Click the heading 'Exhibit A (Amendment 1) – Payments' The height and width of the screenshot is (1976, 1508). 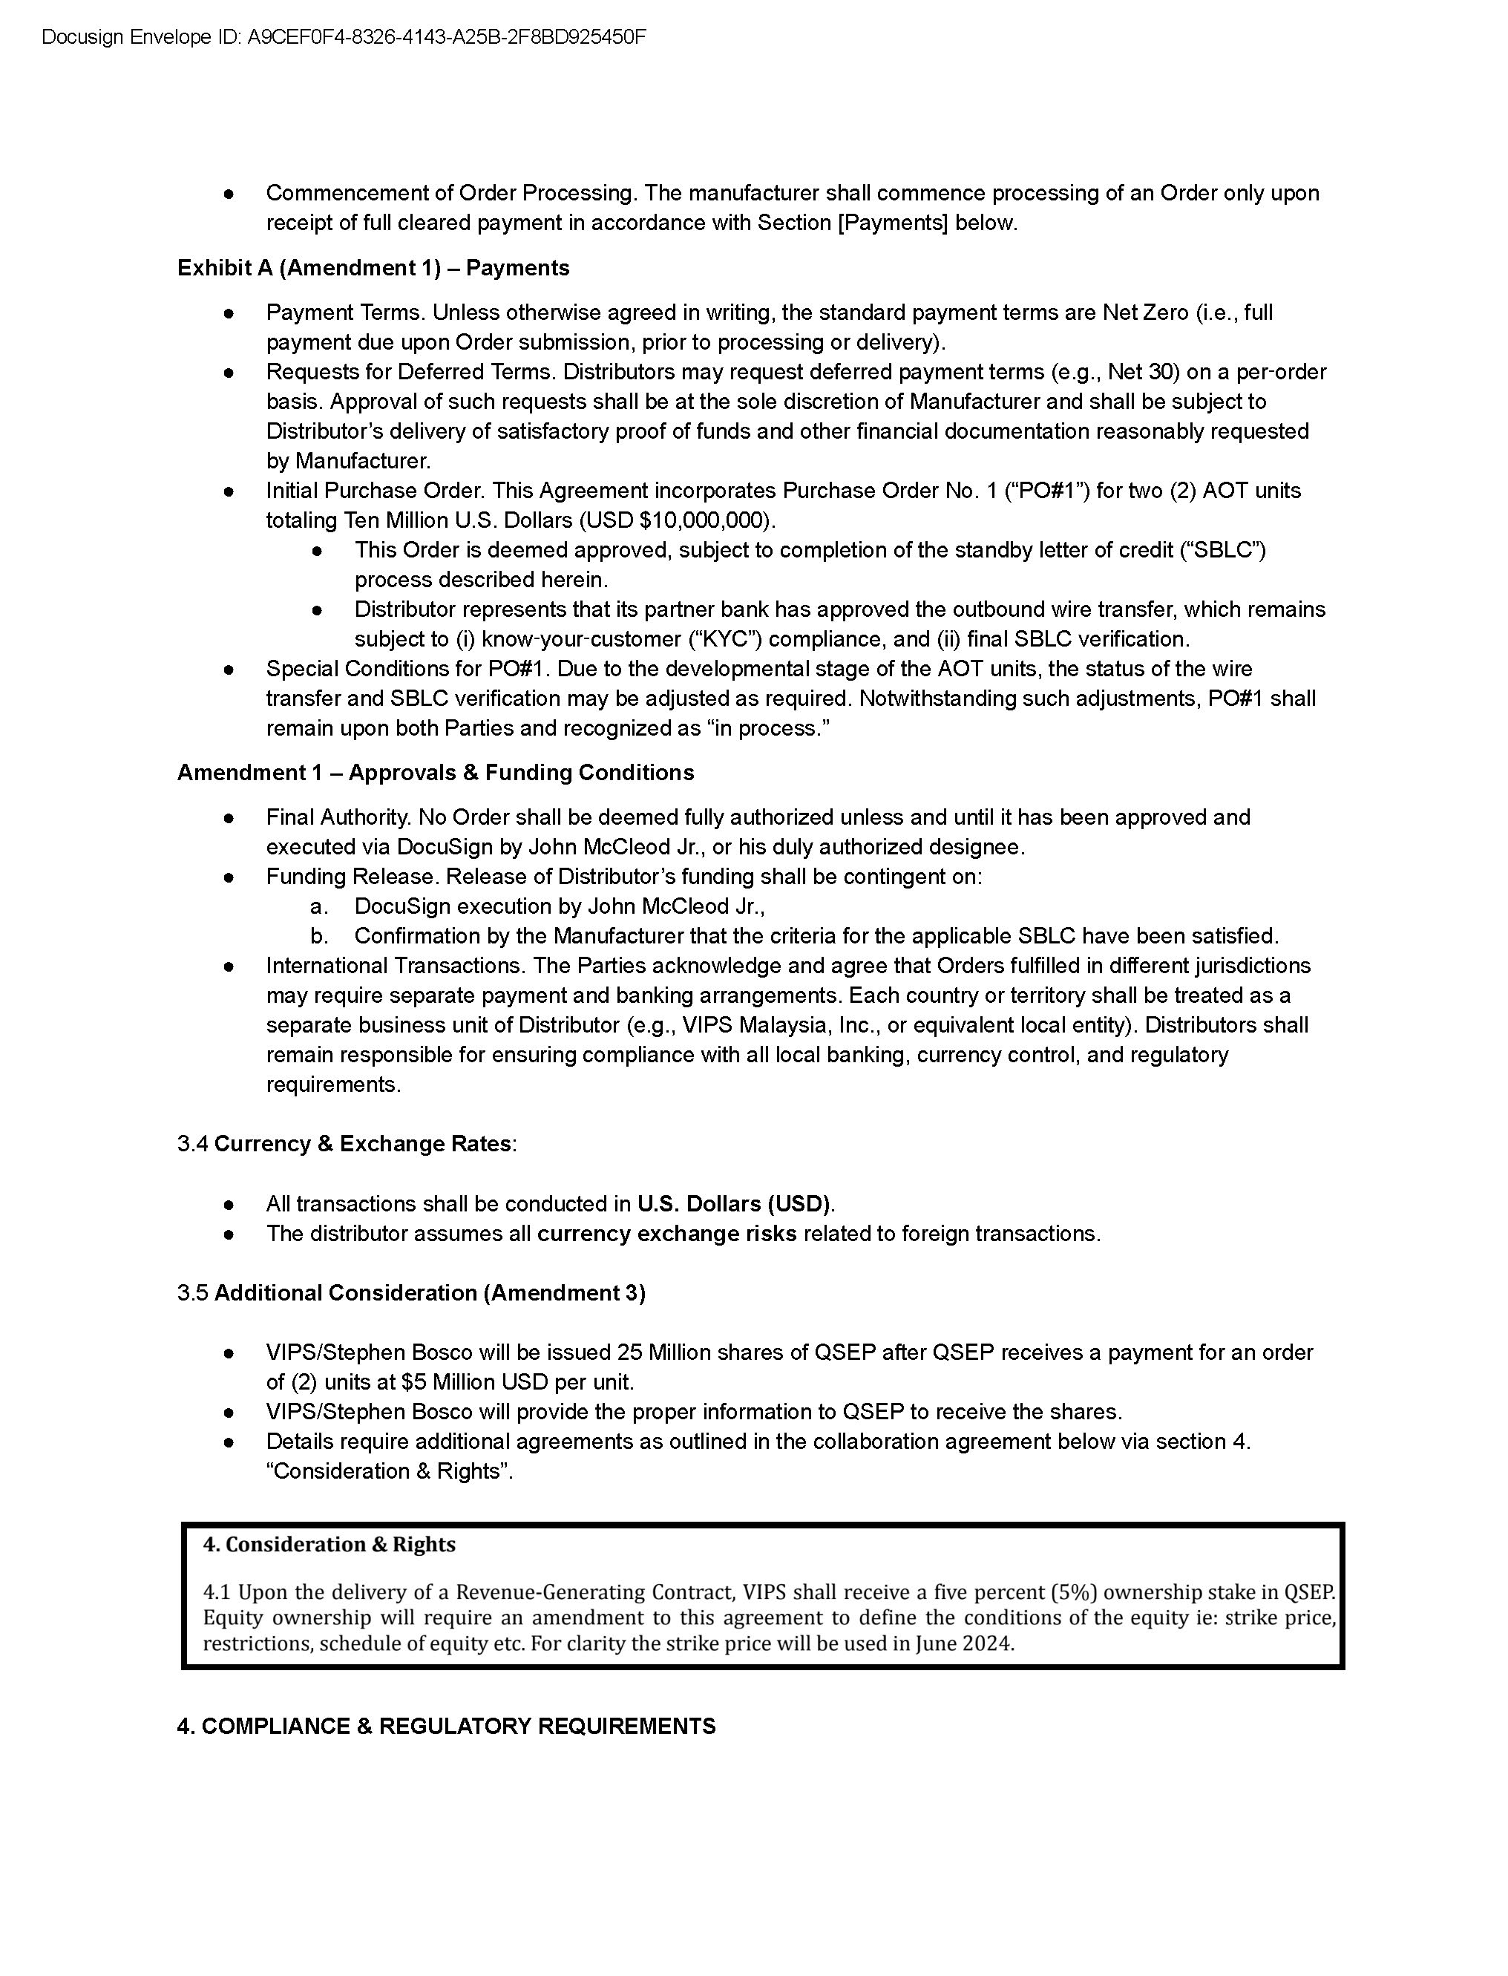point(373,267)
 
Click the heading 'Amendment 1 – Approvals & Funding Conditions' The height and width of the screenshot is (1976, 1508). point(436,773)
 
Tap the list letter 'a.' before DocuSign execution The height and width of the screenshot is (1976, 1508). point(318,907)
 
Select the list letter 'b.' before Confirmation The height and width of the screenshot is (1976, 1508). point(318,936)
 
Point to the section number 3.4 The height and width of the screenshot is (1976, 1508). point(193,1144)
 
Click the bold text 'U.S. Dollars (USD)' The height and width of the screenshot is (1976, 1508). point(733,1204)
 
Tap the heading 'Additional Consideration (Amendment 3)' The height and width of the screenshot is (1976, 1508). point(430,1293)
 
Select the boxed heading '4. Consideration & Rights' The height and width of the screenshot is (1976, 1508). point(329,1545)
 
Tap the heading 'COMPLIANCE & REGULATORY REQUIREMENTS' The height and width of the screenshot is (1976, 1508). point(459,1727)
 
